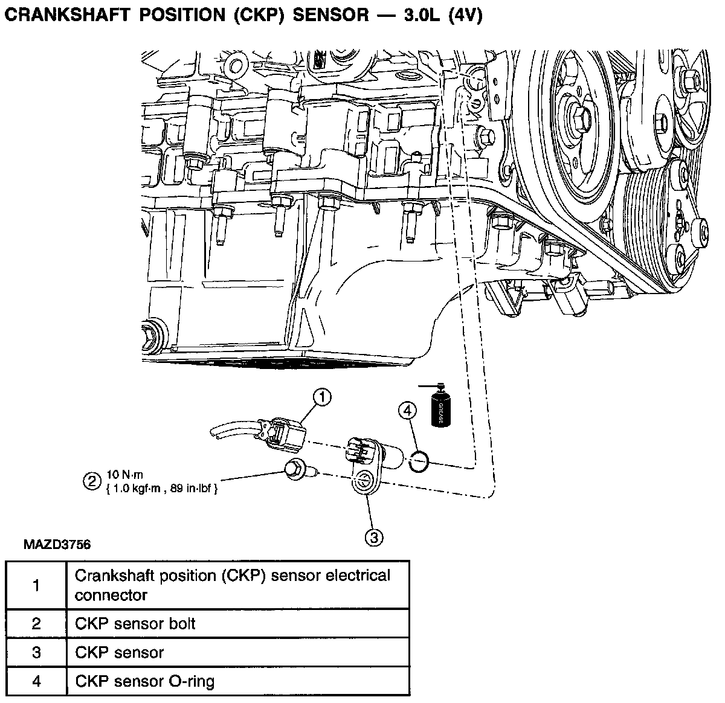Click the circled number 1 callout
tap(323, 397)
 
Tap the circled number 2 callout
tap(92, 481)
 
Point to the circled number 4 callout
tap(408, 411)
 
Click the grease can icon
tap(440, 408)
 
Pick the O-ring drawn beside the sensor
tap(419, 462)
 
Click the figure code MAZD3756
tap(57, 545)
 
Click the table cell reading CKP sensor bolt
tap(135, 623)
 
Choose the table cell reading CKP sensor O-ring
tap(144, 682)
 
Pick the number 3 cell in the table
tap(36, 653)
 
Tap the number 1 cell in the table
tap(36, 585)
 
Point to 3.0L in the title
tap(414, 16)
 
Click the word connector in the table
tap(111, 595)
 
